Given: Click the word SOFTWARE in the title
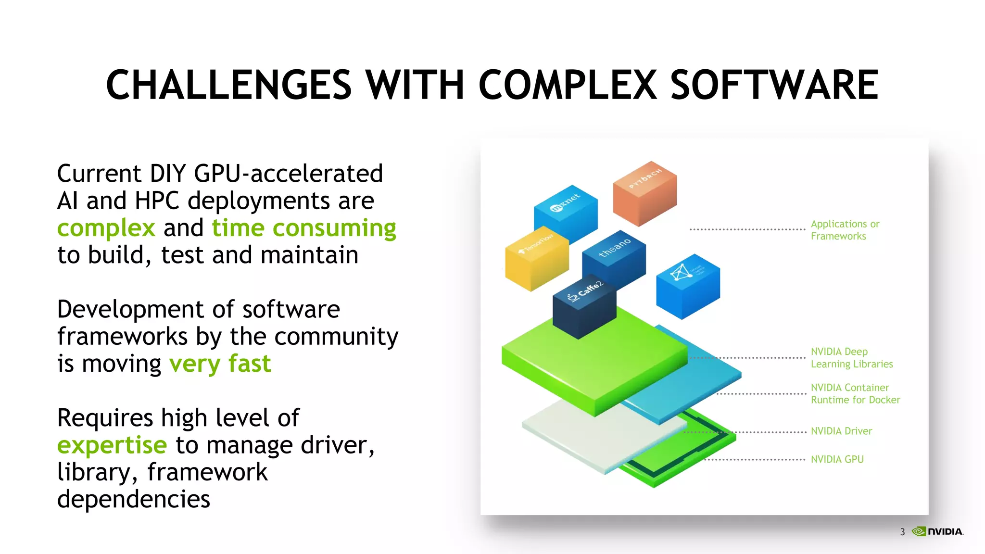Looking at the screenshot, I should click(774, 85).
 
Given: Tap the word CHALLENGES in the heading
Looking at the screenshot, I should click(229, 85).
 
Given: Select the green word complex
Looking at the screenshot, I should click(106, 228).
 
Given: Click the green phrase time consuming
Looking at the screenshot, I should click(304, 228).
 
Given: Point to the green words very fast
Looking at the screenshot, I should click(220, 364).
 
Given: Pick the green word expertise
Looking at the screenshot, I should click(112, 445).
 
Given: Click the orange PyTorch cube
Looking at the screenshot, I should click(644, 194).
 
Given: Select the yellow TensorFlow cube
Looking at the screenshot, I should click(536, 259).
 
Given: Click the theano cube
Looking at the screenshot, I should click(614, 260).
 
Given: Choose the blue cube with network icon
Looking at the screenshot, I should click(688, 287).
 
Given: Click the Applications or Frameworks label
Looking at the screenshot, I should click(845, 230).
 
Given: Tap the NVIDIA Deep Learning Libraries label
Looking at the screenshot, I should click(851, 358).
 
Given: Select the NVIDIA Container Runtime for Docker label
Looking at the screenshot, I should click(855, 393).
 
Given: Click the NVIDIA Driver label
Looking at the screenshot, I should click(841, 431).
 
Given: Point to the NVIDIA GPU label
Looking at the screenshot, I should click(837, 459).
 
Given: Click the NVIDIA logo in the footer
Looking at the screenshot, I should click(937, 531).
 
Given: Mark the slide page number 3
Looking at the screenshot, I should click(902, 532).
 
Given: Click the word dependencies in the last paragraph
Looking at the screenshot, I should click(134, 499).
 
